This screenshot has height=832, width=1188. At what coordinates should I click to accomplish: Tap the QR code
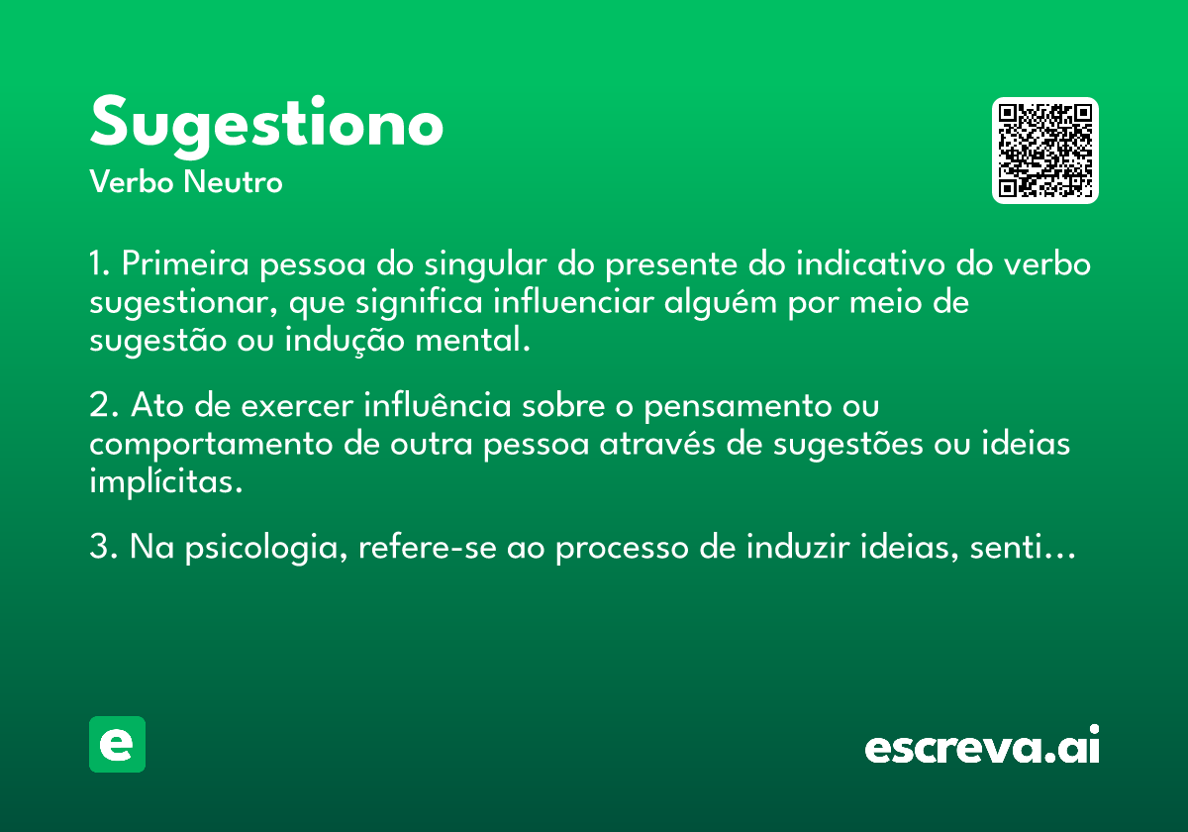(1044, 151)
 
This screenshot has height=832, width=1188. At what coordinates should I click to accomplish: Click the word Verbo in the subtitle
(132, 181)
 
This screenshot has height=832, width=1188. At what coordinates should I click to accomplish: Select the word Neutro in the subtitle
(233, 181)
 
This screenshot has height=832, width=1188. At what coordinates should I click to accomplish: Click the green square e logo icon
(117, 744)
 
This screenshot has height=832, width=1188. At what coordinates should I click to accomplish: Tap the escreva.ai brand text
(982, 745)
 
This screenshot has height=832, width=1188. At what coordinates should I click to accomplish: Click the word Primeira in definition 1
(185, 263)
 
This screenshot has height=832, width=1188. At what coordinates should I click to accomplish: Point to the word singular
(485, 264)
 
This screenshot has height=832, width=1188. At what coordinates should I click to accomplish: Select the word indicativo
(870, 263)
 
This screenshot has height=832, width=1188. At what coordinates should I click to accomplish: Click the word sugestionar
(183, 303)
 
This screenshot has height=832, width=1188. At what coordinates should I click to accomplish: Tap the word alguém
(721, 302)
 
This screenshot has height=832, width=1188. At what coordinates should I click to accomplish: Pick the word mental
(472, 340)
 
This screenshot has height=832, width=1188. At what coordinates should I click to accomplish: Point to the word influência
(437, 404)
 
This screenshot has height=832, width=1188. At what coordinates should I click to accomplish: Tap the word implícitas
(166, 481)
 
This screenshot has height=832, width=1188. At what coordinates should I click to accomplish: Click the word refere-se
(428, 547)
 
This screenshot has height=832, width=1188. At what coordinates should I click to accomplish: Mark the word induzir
(798, 547)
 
